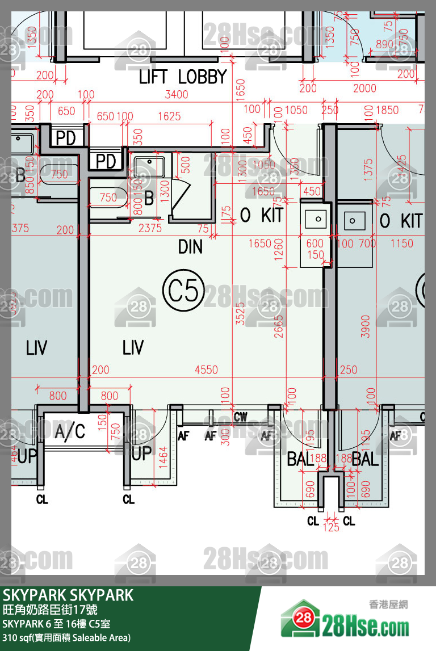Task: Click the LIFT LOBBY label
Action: (183, 77)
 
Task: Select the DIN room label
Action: (190, 247)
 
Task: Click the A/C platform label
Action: (70, 432)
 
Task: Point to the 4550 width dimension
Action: (206, 370)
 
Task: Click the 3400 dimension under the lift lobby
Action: (176, 94)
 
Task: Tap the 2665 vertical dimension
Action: (279, 324)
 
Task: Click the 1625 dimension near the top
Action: (169, 116)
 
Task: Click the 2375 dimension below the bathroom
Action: (150, 228)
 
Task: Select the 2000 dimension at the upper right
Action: (364, 88)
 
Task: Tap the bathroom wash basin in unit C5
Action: (149, 166)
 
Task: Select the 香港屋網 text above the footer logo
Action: (389, 605)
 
